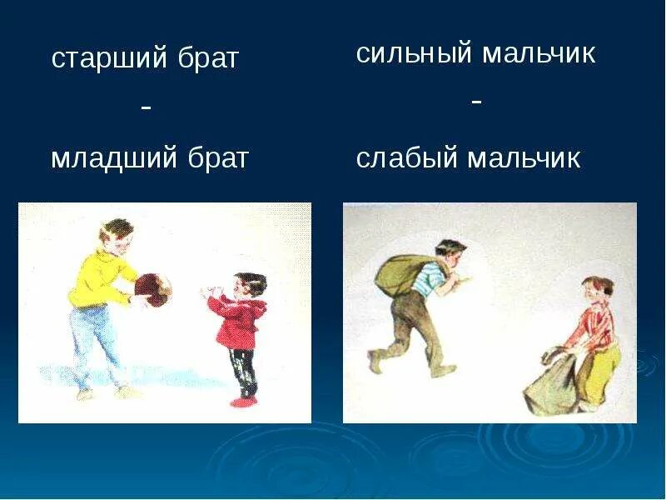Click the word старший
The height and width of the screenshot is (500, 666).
coord(109,59)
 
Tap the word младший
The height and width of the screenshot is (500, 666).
coord(113,158)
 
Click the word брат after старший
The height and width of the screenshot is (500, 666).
coord(208,57)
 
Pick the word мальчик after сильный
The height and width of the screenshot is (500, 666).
coord(539,54)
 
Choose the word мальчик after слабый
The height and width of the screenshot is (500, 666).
coord(524,158)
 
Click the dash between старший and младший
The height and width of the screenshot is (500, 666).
coord(146,109)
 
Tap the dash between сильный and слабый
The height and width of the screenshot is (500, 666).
coord(477,102)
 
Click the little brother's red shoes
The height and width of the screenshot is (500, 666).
coord(243,401)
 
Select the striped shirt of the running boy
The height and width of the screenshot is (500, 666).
coord(426,278)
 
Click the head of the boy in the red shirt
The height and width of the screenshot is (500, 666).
coord(596,290)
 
